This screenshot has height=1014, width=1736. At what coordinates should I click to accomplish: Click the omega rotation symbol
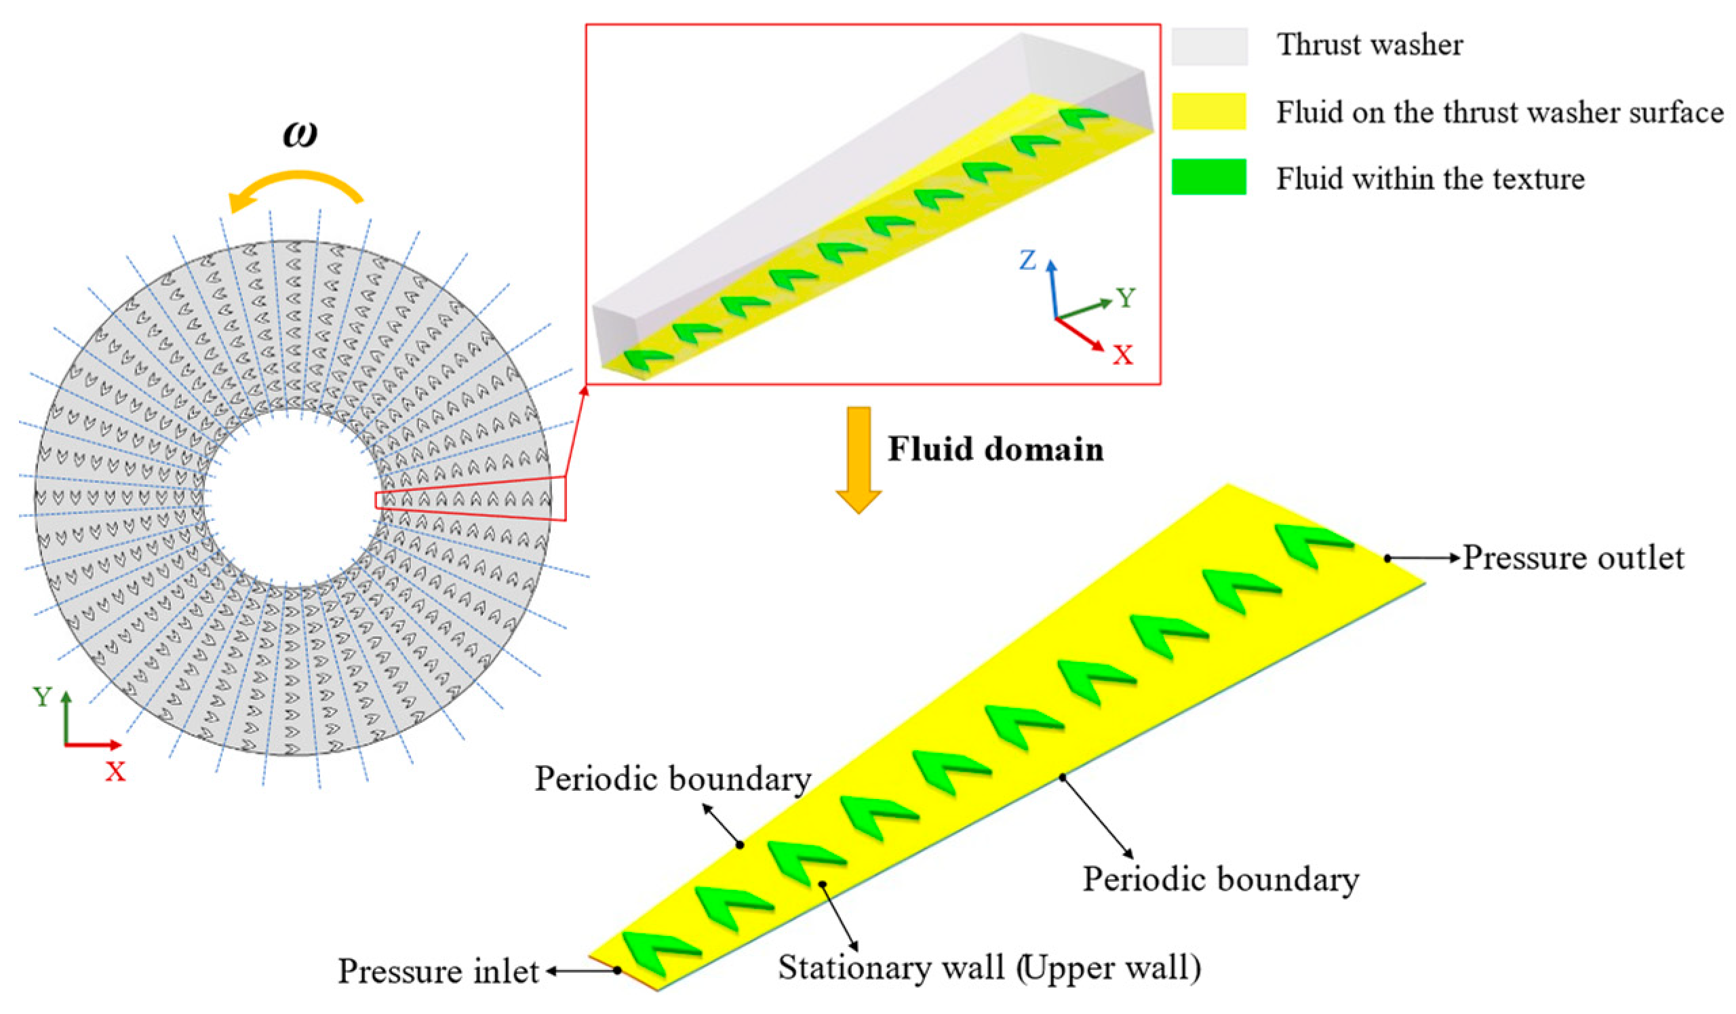[x=300, y=134]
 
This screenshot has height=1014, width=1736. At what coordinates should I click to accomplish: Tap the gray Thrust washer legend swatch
[x=1209, y=46]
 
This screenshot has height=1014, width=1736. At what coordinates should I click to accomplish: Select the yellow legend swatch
[x=1209, y=112]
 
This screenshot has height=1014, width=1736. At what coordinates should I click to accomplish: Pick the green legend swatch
[x=1209, y=177]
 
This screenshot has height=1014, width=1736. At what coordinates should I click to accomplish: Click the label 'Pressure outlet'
[x=1573, y=558]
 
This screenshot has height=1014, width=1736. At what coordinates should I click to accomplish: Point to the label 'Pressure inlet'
[x=438, y=971]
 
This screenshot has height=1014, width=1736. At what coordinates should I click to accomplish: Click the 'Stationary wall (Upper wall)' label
[x=989, y=968]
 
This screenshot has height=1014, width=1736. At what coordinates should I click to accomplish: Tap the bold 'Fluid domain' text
[x=995, y=449]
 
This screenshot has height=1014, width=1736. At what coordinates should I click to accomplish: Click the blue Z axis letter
[x=1028, y=261]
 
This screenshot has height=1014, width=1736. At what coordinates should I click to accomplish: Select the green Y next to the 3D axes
[x=1126, y=298]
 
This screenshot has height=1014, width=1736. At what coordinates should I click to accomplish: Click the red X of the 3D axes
[x=1123, y=355]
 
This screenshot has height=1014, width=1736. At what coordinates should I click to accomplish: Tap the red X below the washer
[x=115, y=772]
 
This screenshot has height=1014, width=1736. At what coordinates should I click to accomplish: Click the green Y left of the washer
[x=42, y=697]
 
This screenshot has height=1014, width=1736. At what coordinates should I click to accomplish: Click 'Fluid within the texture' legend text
[x=1431, y=178]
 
